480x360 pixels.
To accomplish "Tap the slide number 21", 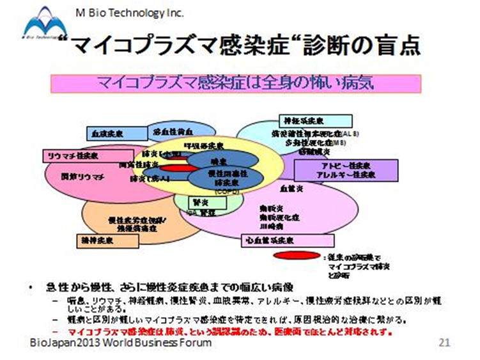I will [445, 343].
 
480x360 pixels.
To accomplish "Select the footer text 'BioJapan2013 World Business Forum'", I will [121, 343].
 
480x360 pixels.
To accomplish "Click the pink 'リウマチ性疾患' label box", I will [70, 155].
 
